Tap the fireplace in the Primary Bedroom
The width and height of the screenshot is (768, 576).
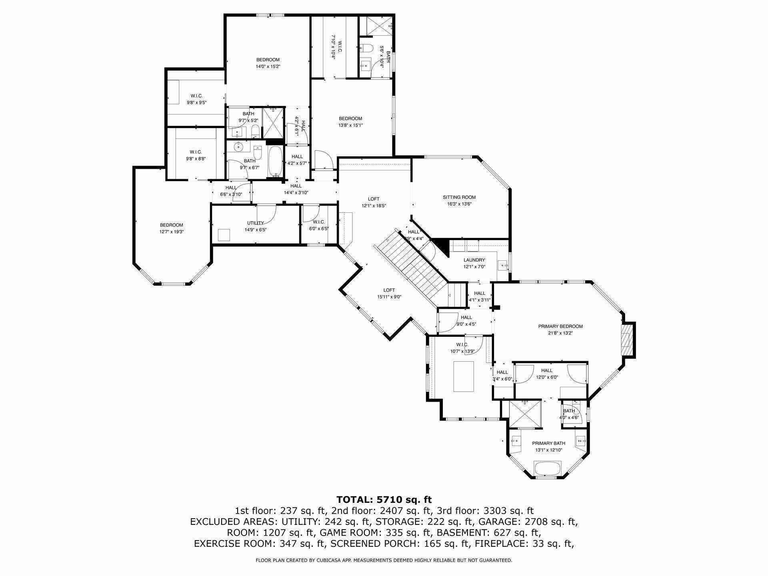click(627, 340)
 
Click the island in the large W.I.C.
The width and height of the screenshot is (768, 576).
click(464, 376)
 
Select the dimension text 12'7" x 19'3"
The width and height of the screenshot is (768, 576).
click(172, 232)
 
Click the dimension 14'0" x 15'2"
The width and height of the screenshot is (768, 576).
click(268, 66)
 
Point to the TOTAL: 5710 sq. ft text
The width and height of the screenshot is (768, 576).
click(384, 499)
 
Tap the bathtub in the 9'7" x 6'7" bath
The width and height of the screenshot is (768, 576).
click(275, 161)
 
